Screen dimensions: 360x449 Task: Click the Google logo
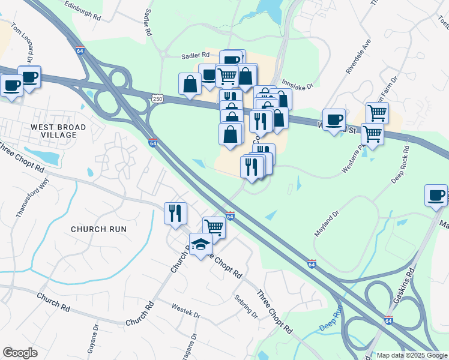click(x=20, y=353)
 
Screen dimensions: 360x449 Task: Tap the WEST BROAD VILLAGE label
click(x=58, y=131)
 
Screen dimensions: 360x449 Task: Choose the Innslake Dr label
click(x=298, y=86)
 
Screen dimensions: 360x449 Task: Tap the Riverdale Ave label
click(x=358, y=57)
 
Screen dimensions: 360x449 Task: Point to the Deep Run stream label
click(x=330, y=317)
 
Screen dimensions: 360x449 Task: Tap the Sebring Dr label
click(x=246, y=306)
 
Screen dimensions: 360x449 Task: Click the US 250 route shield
click(x=157, y=98)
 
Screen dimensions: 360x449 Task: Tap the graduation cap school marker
click(x=200, y=244)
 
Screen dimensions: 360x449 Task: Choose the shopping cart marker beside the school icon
click(x=214, y=227)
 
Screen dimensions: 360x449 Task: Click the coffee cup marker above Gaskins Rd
click(x=436, y=194)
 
